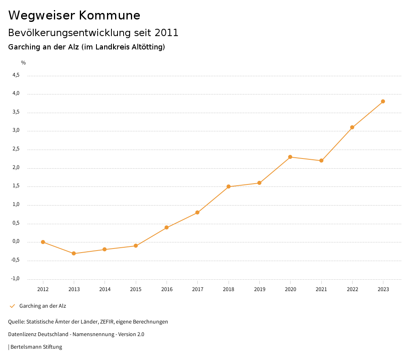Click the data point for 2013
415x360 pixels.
tap(74, 253)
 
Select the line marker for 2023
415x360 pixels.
tap(383, 101)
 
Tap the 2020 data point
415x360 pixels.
tap(290, 157)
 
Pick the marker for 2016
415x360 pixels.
tap(167, 227)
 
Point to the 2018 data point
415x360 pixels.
tap(229, 186)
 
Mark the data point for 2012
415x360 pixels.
tap(43, 242)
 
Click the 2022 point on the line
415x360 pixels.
tap(352, 127)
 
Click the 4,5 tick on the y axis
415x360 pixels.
tap(16, 75)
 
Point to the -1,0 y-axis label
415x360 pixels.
tap(15, 279)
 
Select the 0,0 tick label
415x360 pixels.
tap(16, 242)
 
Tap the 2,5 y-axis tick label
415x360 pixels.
tap(16, 149)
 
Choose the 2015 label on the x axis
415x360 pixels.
tap(136, 289)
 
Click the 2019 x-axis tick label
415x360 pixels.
tap(259, 289)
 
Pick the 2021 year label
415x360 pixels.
tap(321, 289)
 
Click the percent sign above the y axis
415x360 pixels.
tap(24, 63)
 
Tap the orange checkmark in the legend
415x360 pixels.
tap(12, 306)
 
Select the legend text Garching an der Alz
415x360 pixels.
tap(43, 306)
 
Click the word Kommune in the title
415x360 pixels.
tap(109, 15)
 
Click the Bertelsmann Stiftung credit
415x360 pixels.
tap(36, 347)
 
